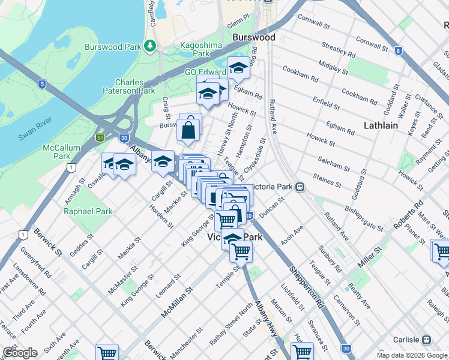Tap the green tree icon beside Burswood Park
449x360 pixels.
(x=150, y=46)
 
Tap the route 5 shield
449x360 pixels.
(x=41, y=84)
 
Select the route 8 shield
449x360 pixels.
(x=399, y=51)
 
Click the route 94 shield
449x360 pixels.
(x=100, y=138)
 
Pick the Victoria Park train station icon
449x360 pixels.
(x=299, y=187)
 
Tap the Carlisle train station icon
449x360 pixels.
(x=426, y=340)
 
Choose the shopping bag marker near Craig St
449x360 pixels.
(x=188, y=129)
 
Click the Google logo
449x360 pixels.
(x=20, y=353)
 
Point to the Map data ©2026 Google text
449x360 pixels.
(x=411, y=355)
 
